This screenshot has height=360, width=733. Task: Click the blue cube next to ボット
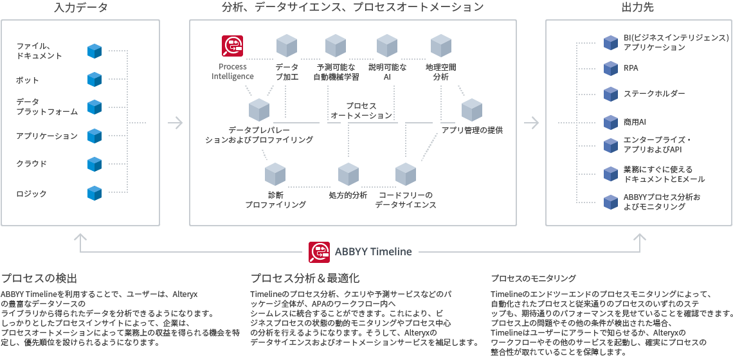point(95,80)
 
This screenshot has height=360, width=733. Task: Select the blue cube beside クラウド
point(95,163)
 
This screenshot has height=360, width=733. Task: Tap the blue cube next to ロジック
point(95,193)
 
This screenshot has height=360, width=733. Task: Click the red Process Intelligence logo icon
point(232,46)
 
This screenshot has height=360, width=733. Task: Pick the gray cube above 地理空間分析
point(440,46)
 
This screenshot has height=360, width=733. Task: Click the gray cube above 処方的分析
point(348,174)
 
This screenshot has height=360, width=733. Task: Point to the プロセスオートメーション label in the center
point(361,111)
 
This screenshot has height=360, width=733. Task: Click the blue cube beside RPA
point(610,67)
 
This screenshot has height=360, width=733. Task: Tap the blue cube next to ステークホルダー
point(610,94)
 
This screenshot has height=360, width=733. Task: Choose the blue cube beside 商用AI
point(610,122)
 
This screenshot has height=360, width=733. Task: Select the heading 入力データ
point(80,8)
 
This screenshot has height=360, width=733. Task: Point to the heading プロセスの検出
point(39,278)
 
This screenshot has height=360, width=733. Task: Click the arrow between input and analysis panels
point(174,121)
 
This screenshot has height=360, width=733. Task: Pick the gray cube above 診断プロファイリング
point(275,174)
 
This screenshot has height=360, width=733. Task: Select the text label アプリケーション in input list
point(47,136)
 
